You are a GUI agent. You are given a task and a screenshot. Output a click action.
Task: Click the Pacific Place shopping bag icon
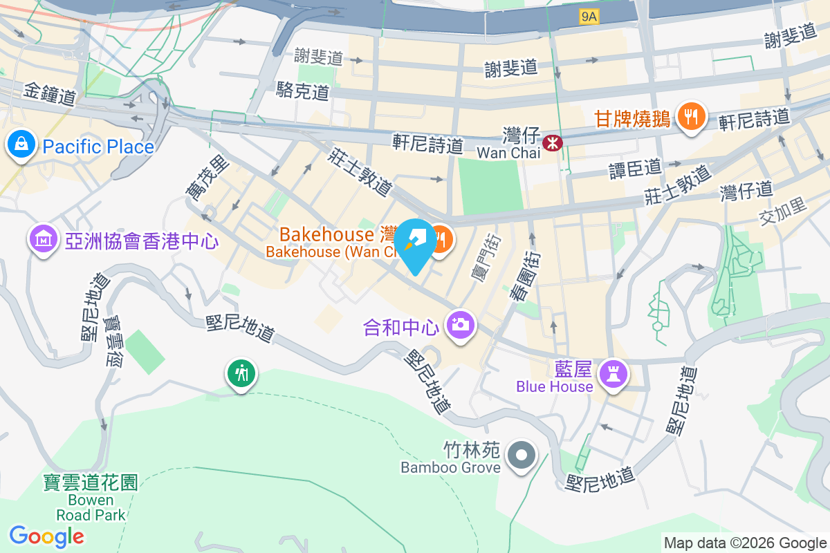[x=21, y=144]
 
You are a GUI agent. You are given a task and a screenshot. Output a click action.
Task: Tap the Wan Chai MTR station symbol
[x=553, y=142]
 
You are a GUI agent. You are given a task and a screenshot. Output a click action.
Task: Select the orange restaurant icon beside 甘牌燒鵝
[x=690, y=115]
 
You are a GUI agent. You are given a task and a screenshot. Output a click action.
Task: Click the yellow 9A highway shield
[x=589, y=17]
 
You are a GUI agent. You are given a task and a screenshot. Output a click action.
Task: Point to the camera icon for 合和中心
[x=460, y=324]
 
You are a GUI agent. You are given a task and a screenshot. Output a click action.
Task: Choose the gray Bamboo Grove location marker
[x=522, y=456]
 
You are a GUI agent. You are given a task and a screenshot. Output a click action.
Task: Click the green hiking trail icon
[x=241, y=374]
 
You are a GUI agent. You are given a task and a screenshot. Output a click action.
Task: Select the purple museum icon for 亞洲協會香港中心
[x=44, y=239]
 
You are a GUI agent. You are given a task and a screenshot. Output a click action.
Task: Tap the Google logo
[x=46, y=536]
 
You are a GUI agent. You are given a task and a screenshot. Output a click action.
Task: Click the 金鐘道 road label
[x=49, y=95]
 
